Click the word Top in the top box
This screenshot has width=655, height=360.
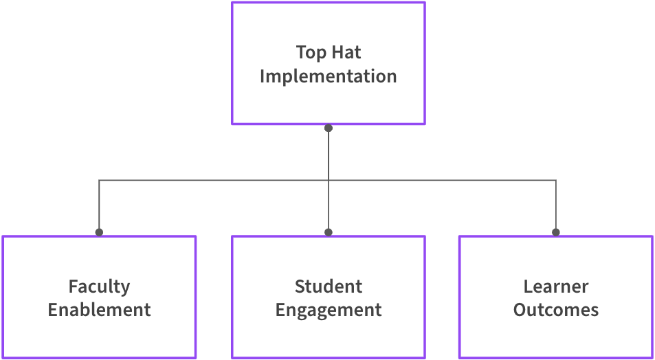pos(311,53)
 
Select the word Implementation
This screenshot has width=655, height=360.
pos(329,76)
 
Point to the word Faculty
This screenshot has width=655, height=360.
pos(99,286)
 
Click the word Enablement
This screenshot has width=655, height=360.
pos(99,310)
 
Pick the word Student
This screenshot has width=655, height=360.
pos(329,286)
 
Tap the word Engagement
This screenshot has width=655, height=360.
pos(329,311)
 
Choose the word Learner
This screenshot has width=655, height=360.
pos(556,286)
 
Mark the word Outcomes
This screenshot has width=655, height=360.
pos(556,310)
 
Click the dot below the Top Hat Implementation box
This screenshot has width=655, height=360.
pos(329,128)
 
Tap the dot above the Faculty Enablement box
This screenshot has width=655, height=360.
pos(99,232)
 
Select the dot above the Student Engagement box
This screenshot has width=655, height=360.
pos(329,232)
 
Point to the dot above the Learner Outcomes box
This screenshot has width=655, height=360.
pos(556,232)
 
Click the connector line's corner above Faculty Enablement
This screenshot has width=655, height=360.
pos(99,181)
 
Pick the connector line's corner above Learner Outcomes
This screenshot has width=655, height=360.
pos(556,181)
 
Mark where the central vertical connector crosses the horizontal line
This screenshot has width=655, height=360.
pos(329,181)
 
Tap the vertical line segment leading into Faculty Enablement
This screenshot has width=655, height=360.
pos(99,206)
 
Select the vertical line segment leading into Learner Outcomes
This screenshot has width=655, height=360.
pos(556,206)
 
